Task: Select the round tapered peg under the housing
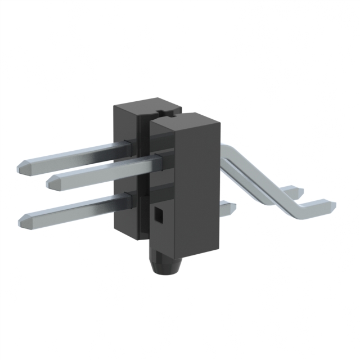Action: [165, 263]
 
